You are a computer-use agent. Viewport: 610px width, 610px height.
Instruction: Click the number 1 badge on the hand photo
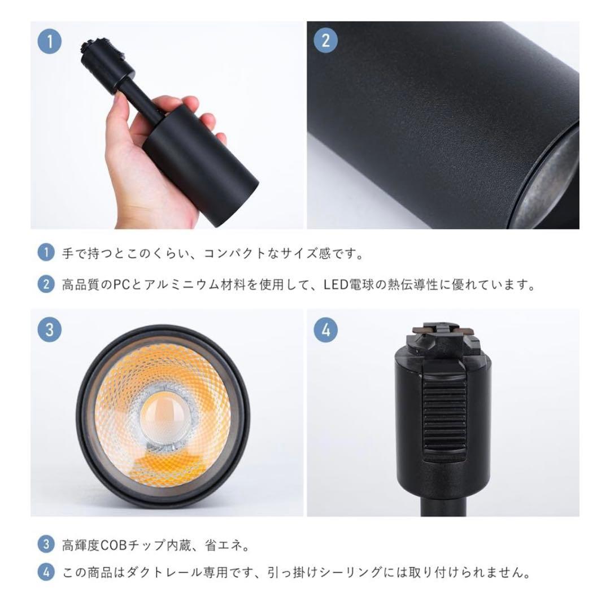(x=49, y=41)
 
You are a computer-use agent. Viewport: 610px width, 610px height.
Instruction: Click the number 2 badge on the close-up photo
(x=325, y=41)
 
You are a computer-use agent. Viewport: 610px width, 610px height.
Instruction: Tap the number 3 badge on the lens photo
(x=49, y=329)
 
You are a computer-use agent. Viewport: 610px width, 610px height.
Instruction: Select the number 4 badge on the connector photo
(x=325, y=329)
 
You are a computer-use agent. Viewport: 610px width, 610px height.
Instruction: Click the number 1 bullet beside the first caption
(x=46, y=252)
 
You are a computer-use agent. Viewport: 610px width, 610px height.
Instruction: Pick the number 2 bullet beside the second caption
(x=46, y=284)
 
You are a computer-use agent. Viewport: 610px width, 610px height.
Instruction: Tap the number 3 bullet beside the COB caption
(x=46, y=544)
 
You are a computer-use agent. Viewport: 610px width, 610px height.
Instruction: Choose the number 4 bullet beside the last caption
(x=46, y=573)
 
